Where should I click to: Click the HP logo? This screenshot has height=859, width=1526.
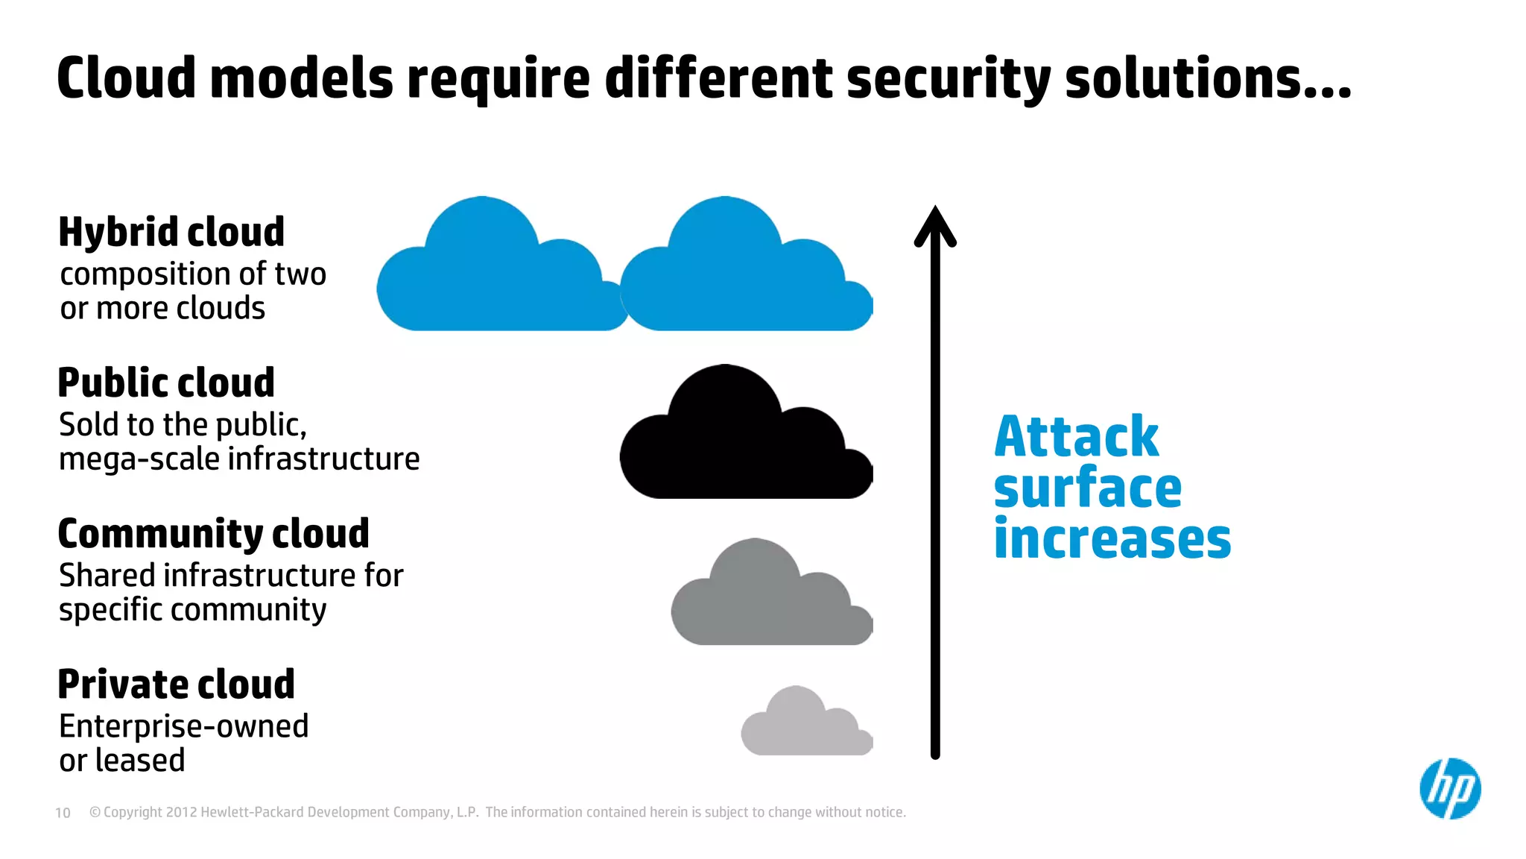[1450, 789]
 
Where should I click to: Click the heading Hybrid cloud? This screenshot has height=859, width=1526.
[171, 232]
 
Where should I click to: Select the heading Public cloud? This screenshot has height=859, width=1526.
[166, 383]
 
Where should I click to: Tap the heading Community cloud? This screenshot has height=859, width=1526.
[213, 534]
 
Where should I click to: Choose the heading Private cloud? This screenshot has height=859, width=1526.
[177, 685]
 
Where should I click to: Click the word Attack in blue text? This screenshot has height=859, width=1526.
[1077, 437]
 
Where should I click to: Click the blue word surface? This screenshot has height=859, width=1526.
[1088, 488]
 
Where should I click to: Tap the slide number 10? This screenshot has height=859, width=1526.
[63, 813]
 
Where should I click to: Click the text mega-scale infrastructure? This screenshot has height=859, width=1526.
[239, 459]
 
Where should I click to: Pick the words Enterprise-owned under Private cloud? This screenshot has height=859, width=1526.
[183, 726]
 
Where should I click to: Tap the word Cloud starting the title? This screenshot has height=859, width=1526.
[126, 78]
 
